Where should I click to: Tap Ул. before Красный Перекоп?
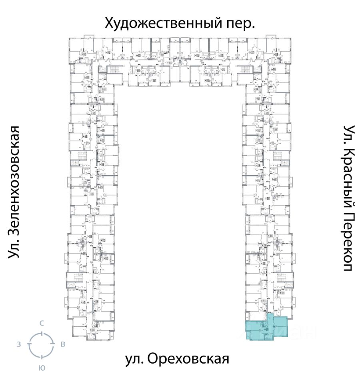[x=349, y=134]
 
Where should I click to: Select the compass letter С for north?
[x=41, y=323]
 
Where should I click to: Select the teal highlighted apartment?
[x=266, y=328]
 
